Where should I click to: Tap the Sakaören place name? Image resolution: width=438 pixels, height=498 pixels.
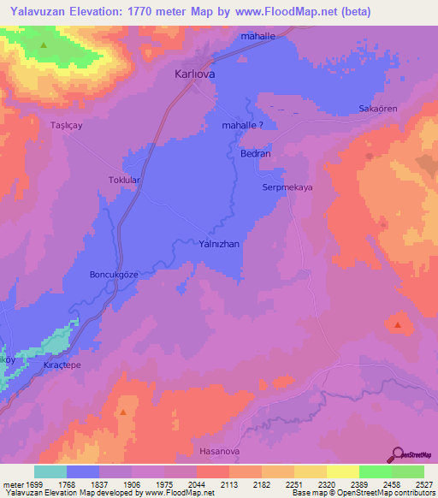tap(378, 110)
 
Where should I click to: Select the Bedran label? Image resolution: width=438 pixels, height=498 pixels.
tap(255, 154)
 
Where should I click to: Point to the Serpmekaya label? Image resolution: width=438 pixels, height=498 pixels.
tap(288, 187)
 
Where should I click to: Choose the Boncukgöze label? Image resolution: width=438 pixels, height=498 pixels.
tap(115, 275)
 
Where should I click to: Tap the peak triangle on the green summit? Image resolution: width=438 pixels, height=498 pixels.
tap(44, 43)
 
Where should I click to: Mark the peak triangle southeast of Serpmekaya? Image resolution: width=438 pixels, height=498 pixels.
tap(398, 324)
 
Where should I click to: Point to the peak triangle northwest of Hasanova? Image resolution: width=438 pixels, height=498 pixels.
tap(124, 412)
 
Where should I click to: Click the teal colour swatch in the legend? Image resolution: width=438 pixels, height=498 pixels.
tap(50, 471)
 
